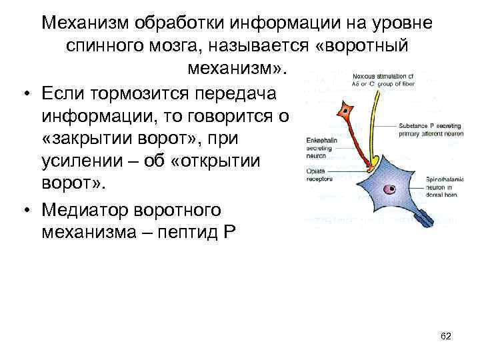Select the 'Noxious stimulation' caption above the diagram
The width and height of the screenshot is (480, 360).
point(383,79)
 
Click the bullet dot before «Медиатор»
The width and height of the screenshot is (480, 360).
point(25,211)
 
